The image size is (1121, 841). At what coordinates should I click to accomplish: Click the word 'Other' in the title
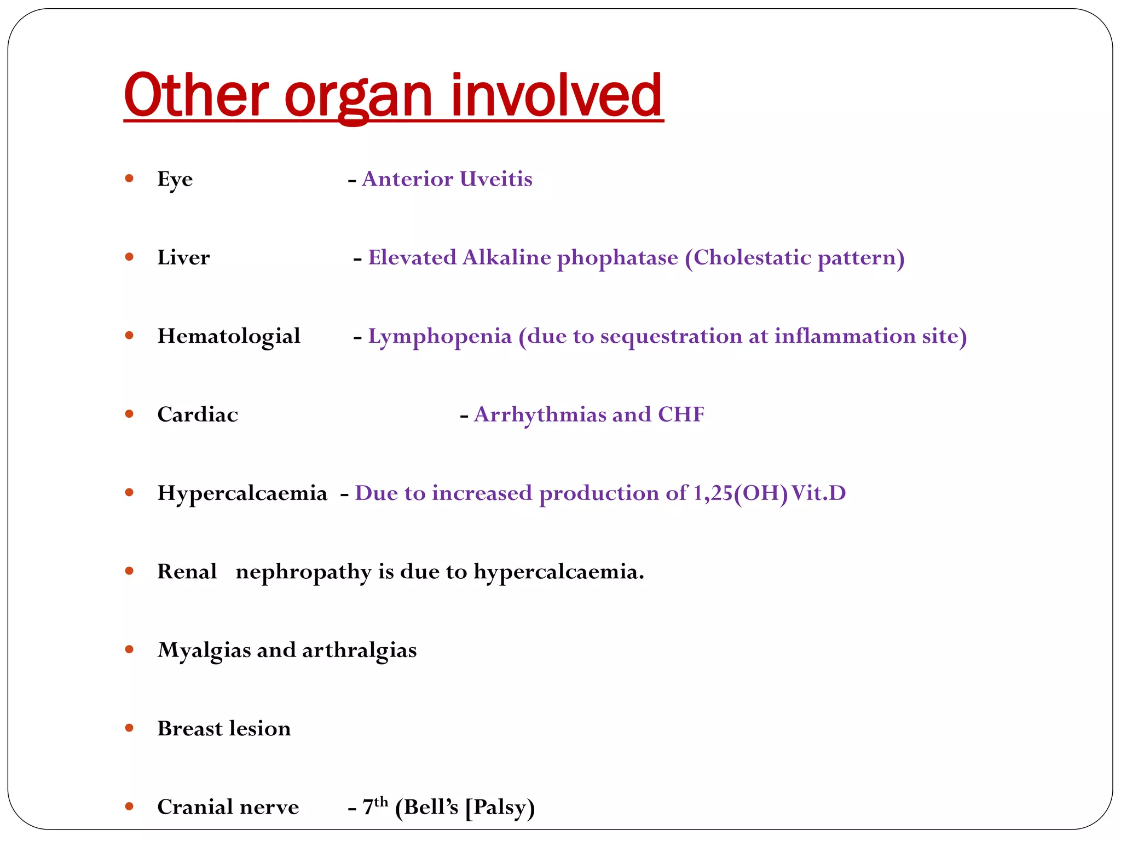point(196,96)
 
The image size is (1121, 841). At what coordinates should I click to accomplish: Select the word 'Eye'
point(175,180)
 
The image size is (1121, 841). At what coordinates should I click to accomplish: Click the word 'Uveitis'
point(496,179)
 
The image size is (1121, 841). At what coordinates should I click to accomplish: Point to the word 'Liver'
point(183,258)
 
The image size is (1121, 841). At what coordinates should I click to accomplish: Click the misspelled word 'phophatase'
point(617,258)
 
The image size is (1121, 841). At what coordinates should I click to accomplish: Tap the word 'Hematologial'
point(229,337)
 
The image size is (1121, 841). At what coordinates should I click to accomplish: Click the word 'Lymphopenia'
point(440,337)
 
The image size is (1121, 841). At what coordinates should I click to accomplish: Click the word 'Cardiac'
point(198,415)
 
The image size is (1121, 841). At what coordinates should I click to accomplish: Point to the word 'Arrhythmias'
point(539,415)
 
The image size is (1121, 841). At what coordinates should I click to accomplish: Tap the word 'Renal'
point(187,572)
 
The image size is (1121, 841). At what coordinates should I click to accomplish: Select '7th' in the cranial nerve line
point(375,807)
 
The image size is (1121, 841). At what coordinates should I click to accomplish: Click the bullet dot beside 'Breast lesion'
point(129,728)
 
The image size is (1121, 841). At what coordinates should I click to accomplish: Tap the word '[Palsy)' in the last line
point(500,808)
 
